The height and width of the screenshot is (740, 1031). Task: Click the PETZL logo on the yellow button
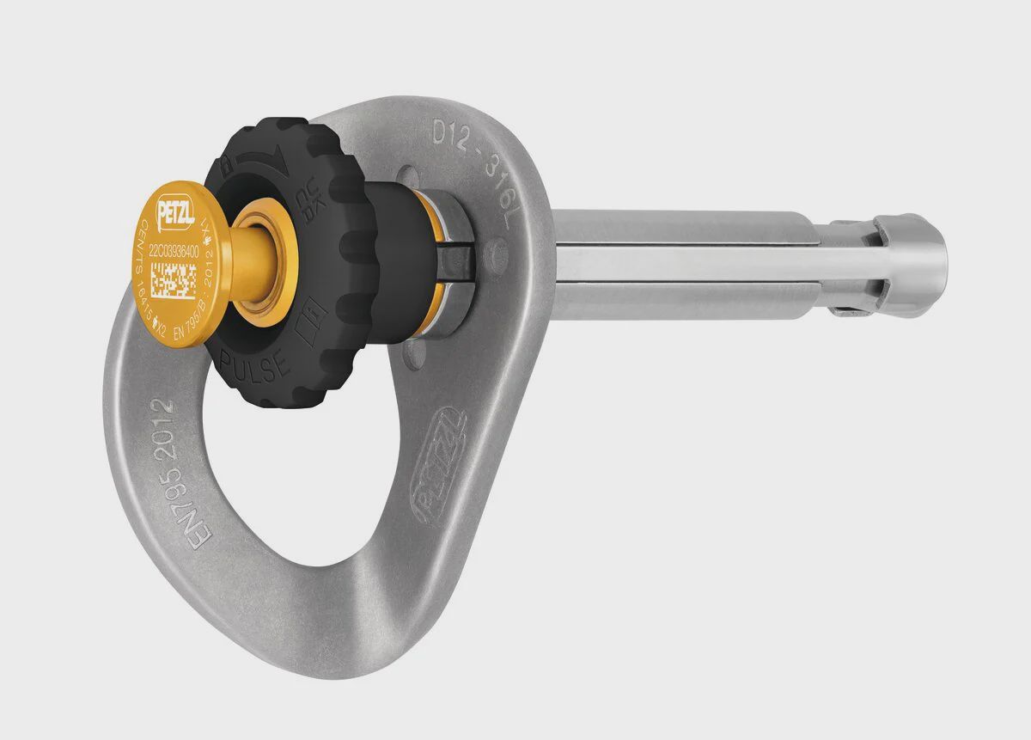[x=175, y=209]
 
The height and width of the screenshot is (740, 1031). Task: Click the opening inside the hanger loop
[x=258, y=490]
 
